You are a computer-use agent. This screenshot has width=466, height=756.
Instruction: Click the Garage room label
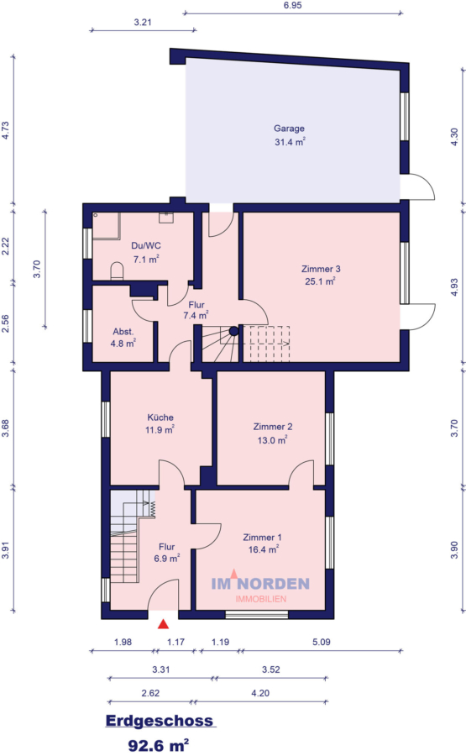(289, 129)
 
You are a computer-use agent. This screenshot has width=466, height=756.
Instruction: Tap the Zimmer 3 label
(320, 269)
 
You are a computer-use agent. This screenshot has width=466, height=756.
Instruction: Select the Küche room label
(160, 417)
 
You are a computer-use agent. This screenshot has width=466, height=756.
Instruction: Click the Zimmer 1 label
(262, 537)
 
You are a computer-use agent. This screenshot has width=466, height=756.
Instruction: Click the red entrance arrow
(164, 623)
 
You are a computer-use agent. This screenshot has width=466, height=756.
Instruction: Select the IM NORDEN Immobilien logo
(259, 588)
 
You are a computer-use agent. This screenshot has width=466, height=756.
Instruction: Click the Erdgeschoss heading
(160, 721)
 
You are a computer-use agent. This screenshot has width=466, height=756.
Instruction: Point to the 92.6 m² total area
(159, 743)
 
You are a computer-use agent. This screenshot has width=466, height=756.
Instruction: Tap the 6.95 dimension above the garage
(292, 5)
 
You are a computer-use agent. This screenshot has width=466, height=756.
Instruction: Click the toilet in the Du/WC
(118, 270)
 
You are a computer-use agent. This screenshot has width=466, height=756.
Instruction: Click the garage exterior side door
(419, 186)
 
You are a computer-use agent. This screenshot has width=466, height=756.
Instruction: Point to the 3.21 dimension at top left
(142, 23)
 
